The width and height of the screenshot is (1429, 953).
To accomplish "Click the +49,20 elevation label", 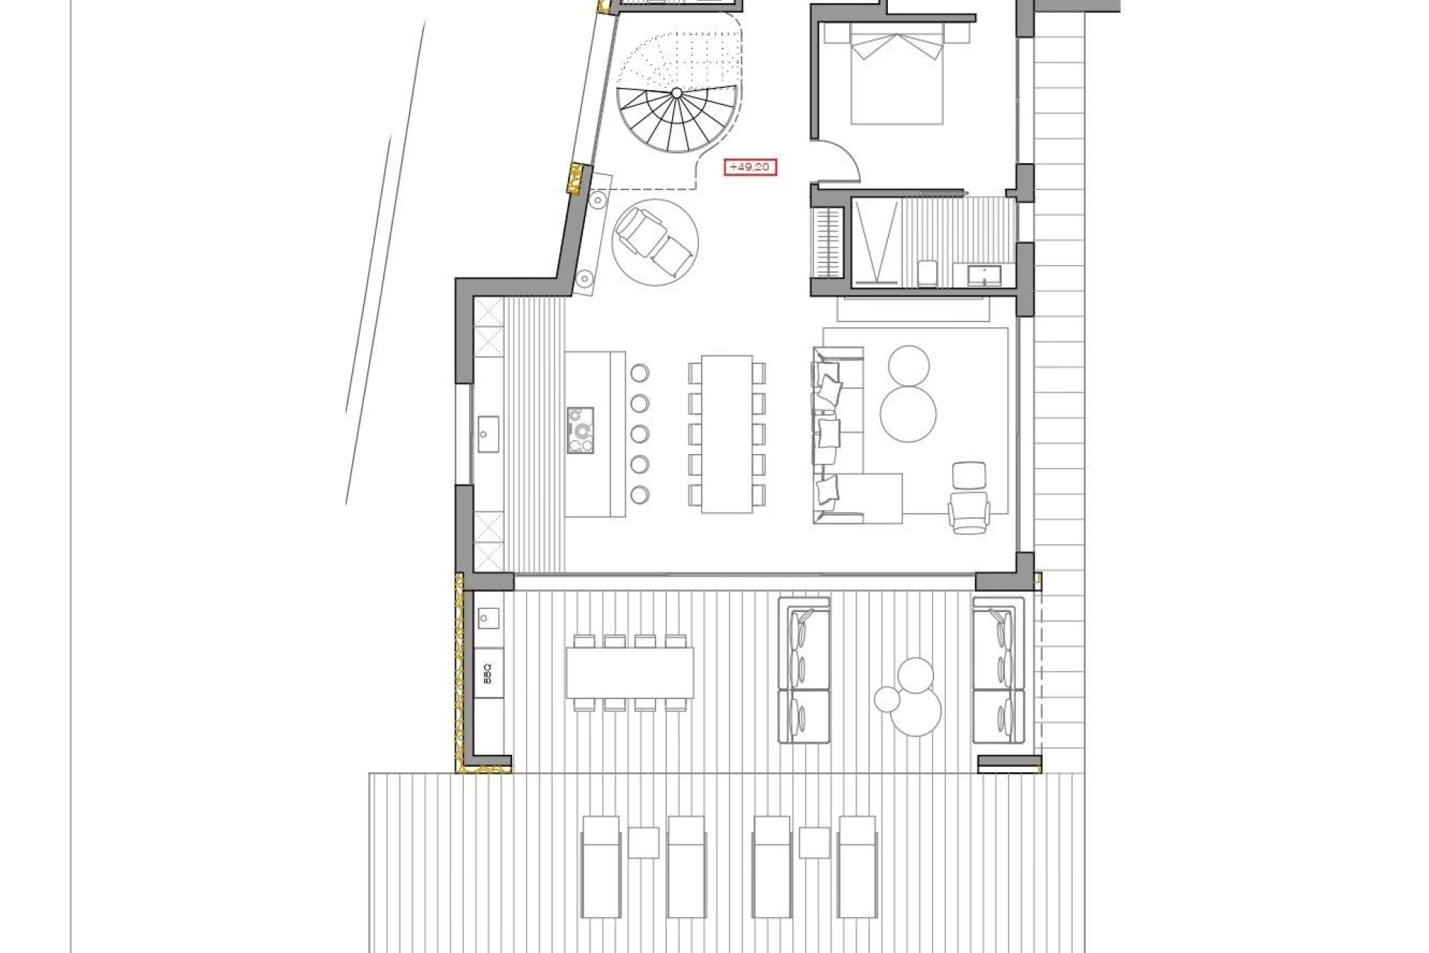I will tap(750, 168).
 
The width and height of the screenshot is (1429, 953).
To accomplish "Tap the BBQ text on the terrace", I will tap(488, 677).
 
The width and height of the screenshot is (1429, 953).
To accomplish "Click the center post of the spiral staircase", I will tap(677, 93).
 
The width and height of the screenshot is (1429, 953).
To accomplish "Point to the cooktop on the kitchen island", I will tap(581, 430).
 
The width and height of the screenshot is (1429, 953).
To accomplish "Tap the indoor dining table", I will tap(727, 433).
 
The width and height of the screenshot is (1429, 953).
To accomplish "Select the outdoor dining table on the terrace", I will tap(629, 673).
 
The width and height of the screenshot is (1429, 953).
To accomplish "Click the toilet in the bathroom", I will tap(927, 272).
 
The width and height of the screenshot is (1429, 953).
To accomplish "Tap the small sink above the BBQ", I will tap(488, 617).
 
